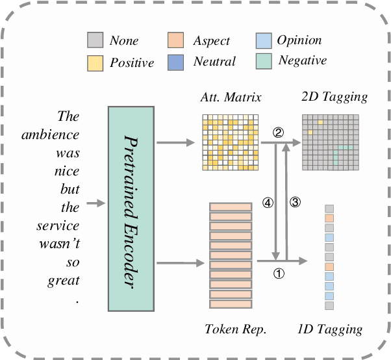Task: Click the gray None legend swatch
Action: click(95, 42)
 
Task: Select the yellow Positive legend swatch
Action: click(95, 62)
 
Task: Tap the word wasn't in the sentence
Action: click(62, 244)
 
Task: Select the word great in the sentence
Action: click(65, 281)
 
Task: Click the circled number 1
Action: click(279, 274)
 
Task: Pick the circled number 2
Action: click(278, 134)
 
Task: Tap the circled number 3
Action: click(294, 202)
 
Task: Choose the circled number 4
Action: click(266, 202)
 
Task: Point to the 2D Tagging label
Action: click(334, 97)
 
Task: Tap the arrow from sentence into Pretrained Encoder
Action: click(95, 203)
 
